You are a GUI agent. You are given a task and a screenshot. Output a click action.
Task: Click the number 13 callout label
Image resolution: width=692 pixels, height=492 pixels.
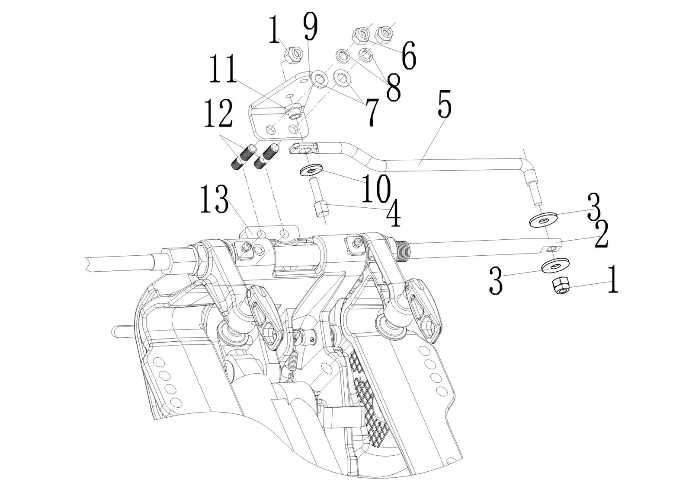coord(214,199)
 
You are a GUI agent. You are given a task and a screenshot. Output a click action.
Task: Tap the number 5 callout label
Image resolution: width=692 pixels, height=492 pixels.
coord(444,104)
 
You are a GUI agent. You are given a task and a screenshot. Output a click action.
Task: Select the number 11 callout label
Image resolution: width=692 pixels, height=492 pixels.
coord(223,69)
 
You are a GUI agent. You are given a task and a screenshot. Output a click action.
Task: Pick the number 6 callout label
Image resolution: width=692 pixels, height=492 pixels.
coord(409,55)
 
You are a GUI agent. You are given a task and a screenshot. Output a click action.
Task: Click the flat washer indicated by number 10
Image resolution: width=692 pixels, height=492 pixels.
coord(311,170)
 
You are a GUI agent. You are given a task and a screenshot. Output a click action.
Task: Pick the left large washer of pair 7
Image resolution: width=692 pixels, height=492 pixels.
coord(320,78)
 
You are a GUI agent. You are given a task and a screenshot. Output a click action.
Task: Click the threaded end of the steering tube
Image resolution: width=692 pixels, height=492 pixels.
coord(403,248)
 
